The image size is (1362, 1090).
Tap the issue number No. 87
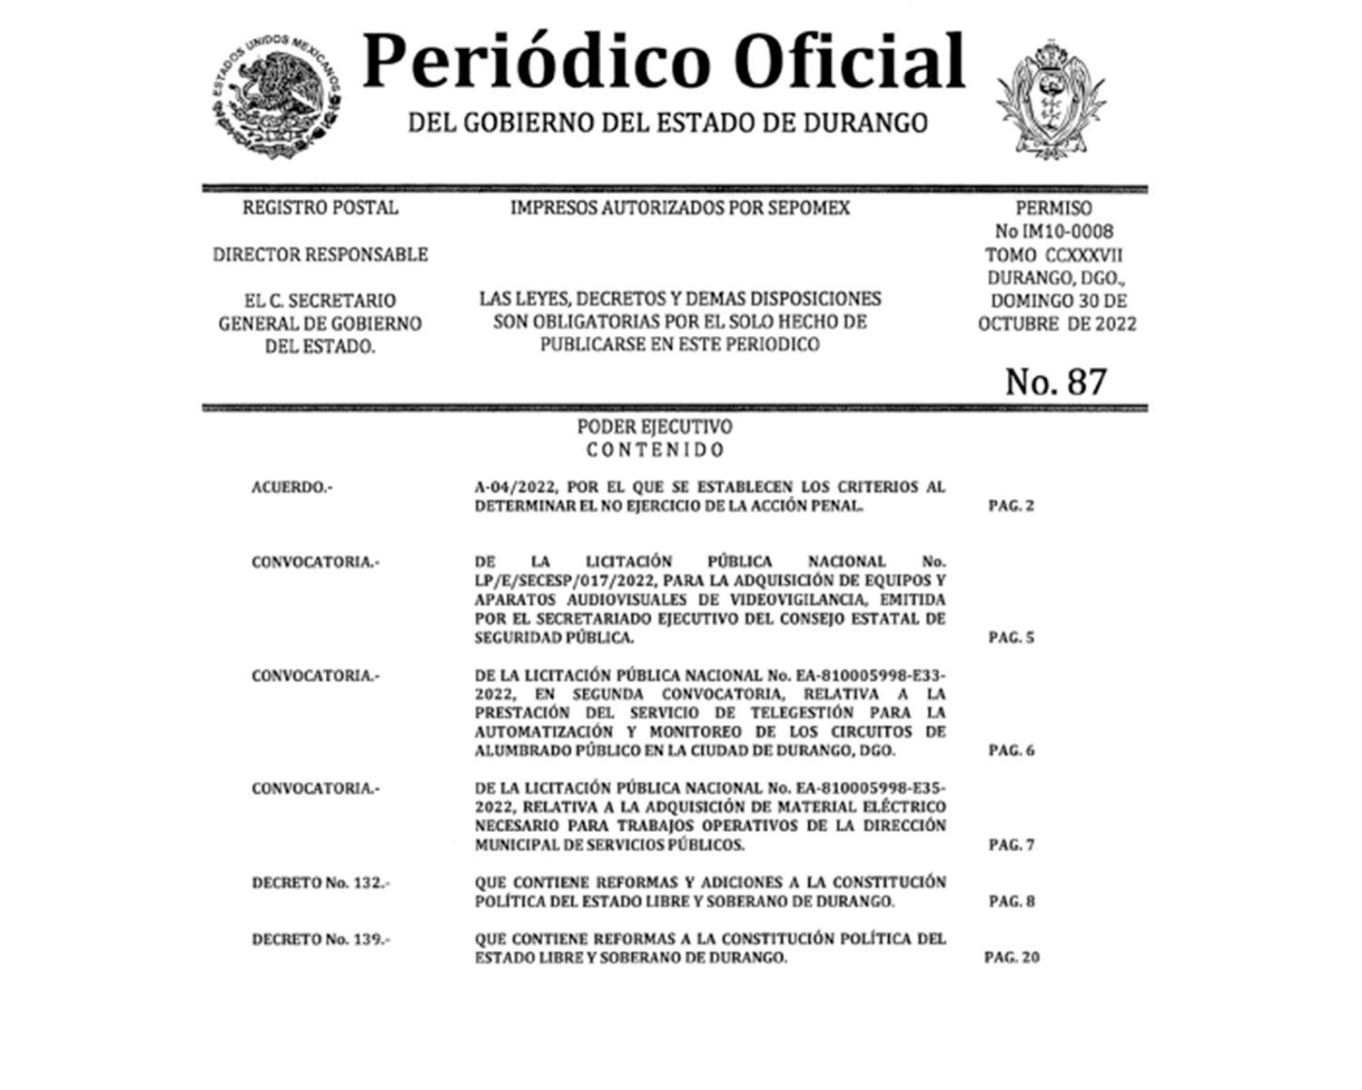[x=1055, y=381]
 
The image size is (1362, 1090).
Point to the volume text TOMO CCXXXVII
[x=1053, y=255]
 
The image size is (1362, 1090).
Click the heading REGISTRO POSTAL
[x=320, y=208]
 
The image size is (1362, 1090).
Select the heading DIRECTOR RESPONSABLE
[x=320, y=254]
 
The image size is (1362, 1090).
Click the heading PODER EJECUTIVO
[x=655, y=427]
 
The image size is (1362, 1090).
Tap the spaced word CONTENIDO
[x=655, y=450]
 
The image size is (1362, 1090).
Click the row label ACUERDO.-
[x=291, y=488]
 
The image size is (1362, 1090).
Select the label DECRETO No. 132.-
[x=321, y=883]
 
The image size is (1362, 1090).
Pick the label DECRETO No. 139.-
[x=321, y=939]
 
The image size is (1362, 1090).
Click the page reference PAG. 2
[x=1011, y=506]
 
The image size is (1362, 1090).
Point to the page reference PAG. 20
[x=1012, y=957]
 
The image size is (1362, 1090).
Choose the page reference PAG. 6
[x=1011, y=750]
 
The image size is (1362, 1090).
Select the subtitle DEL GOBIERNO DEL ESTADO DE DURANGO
[x=667, y=123]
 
